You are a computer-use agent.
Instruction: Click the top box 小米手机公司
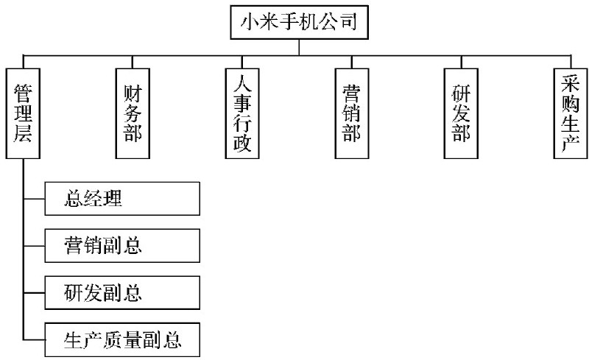(299, 22)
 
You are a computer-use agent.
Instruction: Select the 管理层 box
(23, 113)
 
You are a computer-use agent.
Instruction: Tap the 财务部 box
(133, 113)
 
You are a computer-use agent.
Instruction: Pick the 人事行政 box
(242, 113)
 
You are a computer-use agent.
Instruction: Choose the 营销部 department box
(352, 113)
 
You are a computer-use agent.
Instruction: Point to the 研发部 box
(461, 113)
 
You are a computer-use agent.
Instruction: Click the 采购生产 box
(571, 113)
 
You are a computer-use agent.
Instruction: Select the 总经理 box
(122, 199)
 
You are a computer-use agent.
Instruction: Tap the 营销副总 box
(122, 246)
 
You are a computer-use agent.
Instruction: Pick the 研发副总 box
(122, 293)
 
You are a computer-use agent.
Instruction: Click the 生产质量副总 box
(122, 339)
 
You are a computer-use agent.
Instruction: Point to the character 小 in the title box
(250, 22)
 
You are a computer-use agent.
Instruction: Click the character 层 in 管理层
(23, 133)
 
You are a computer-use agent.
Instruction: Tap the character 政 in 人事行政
(242, 143)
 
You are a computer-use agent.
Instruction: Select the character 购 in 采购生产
(570, 102)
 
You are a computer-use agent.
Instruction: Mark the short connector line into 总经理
(34, 199)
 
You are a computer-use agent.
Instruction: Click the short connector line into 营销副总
(34, 246)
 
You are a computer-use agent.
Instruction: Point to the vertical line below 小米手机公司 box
(299, 47)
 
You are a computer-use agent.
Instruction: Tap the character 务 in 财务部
(133, 113)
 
